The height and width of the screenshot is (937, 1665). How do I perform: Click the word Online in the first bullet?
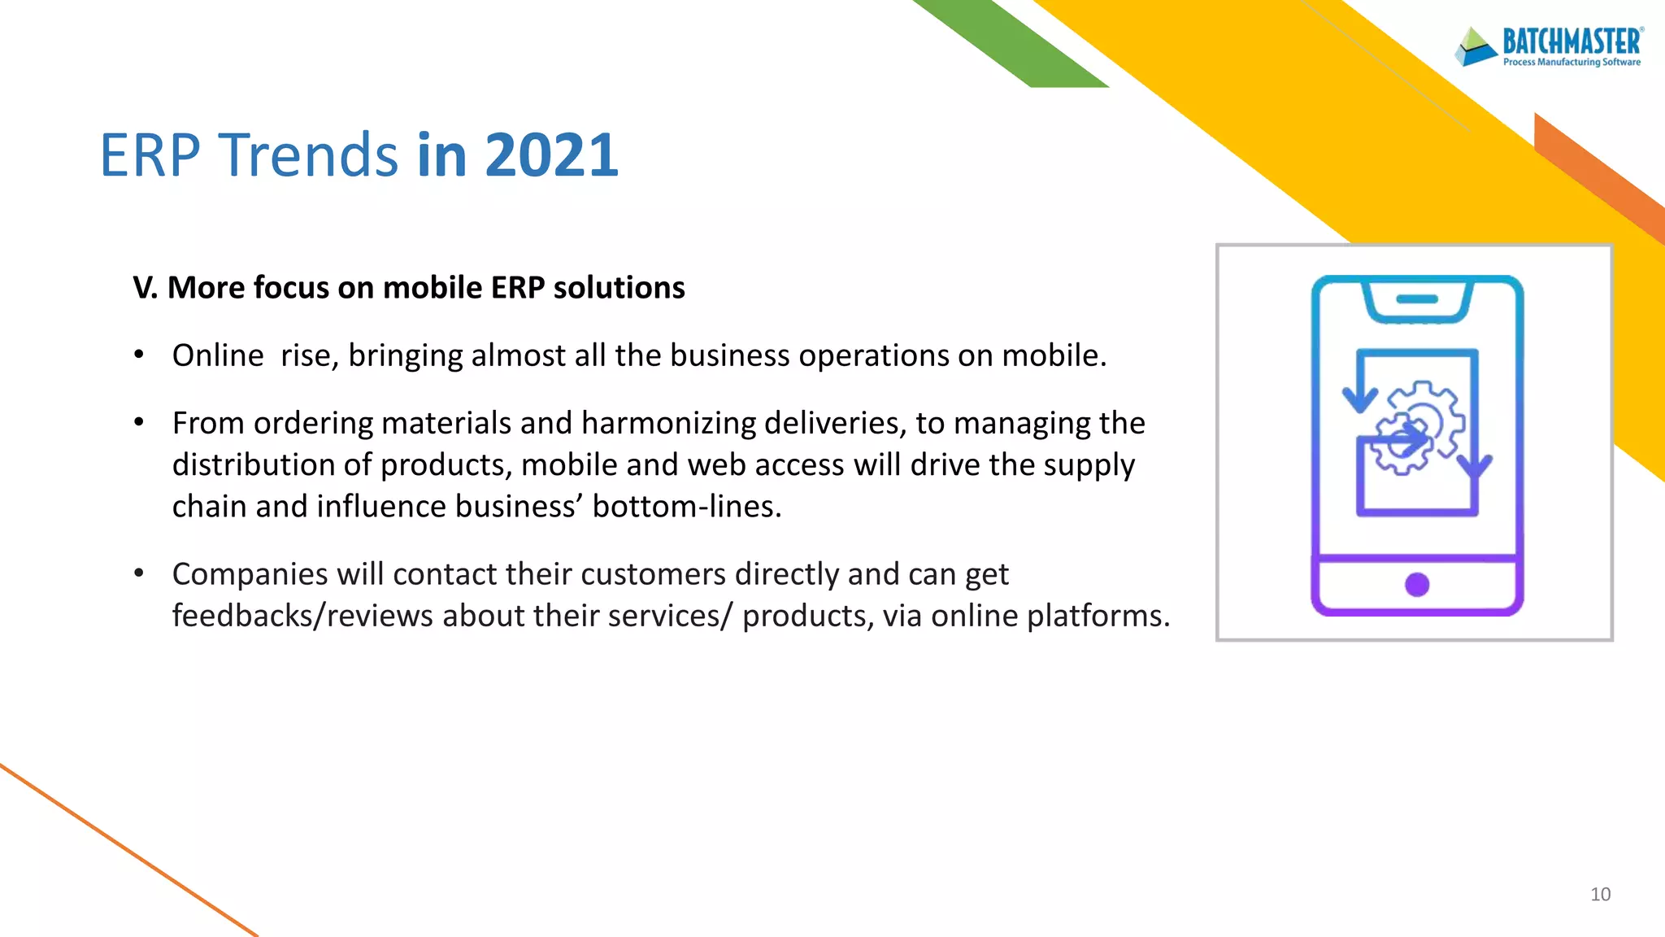point(218,356)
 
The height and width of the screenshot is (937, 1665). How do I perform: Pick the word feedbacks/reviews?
point(302,617)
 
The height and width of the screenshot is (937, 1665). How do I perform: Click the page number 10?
point(1600,895)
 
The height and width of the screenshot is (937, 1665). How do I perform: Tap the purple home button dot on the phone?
point(1417,585)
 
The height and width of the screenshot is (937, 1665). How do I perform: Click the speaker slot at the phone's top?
point(1417,299)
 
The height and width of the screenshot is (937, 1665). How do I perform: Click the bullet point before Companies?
point(139,573)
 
